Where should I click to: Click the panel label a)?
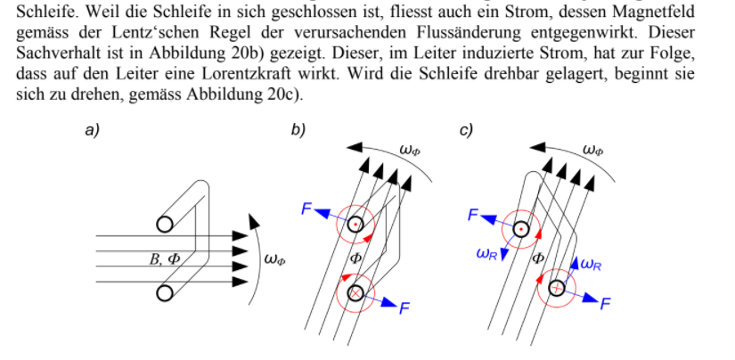click(92, 130)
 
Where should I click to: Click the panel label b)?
click(298, 130)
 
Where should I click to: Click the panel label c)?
click(466, 130)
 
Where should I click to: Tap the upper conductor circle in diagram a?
click(165, 225)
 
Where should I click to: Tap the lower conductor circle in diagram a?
click(165, 293)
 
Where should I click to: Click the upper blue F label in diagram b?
click(306, 209)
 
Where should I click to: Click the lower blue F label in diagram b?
click(404, 308)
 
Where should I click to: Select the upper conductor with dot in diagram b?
click(355, 225)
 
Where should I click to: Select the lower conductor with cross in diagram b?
click(355, 293)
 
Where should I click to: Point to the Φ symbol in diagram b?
click(355, 258)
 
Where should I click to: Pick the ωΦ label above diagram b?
click(410, 150)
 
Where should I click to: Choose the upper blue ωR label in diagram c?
click(487, 254)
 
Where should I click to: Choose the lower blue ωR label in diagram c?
click(591, 265)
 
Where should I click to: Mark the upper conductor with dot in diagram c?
click(521, 230)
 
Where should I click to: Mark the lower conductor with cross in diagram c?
click(557, 288)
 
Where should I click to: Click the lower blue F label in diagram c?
click(605, 304)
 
